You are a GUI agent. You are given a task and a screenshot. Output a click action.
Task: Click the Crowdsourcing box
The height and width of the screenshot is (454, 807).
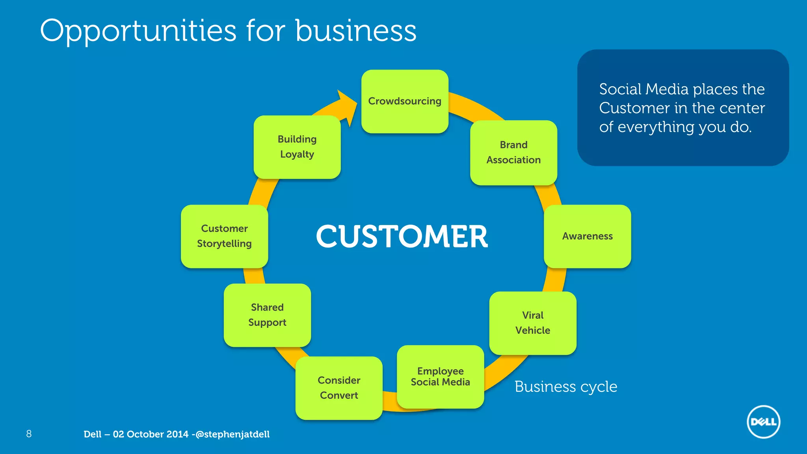[x=405, y=101]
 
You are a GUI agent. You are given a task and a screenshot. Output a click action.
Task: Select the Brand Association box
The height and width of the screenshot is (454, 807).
[x=513, y=153]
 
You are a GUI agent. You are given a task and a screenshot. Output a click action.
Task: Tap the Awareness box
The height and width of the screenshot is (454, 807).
[x=587, y=236]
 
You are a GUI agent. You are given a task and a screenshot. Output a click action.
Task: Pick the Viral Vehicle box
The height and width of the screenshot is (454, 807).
[x=533, y=323]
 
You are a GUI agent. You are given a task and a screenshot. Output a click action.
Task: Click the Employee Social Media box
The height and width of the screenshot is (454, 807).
[x=440, y=377]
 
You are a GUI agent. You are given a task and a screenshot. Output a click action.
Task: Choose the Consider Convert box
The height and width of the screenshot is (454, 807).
[x=339, y=388]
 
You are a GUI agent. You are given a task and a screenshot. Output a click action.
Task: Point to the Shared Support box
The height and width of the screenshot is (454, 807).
[x=267, y=315]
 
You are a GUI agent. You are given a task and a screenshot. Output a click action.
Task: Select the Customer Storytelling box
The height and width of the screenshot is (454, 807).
[x=224, y=236]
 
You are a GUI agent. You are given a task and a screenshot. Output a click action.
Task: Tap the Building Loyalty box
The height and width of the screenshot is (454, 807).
[x=297, y=147]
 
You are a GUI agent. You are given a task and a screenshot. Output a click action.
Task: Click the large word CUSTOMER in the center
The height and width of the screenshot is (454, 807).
[x=402, y=236]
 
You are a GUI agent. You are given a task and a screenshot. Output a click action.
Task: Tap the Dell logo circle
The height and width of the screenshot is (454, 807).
[x=763, y=422]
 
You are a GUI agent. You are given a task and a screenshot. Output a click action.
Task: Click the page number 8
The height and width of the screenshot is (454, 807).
[x=29, y=434]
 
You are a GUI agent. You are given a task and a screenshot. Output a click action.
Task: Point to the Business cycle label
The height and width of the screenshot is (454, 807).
[x=565, y=387]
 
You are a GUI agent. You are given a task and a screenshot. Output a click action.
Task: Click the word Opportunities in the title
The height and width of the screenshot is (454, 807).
[x=138, y=32]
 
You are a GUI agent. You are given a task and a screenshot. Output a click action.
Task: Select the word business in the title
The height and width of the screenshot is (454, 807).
[x=355, y=31]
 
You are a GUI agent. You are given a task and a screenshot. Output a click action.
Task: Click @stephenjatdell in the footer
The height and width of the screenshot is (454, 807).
[x=232, y=434]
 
